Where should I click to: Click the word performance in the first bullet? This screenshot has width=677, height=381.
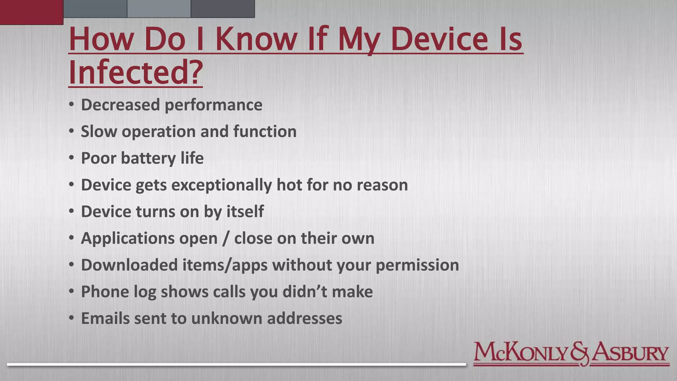click(213, 105)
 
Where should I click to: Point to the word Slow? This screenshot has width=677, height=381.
click(99, 132)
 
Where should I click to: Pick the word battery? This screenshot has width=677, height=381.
click(148, 158)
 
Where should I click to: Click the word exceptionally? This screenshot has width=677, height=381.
click(221, 185)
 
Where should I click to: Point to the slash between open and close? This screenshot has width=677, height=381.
click(226, 239)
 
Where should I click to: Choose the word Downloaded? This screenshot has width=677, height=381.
click(129, 265)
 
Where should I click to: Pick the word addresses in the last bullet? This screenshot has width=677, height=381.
click(304, 318)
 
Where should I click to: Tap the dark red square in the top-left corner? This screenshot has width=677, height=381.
click(31, 12)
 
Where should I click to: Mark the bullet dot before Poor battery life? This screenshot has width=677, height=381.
click(71, 158)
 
